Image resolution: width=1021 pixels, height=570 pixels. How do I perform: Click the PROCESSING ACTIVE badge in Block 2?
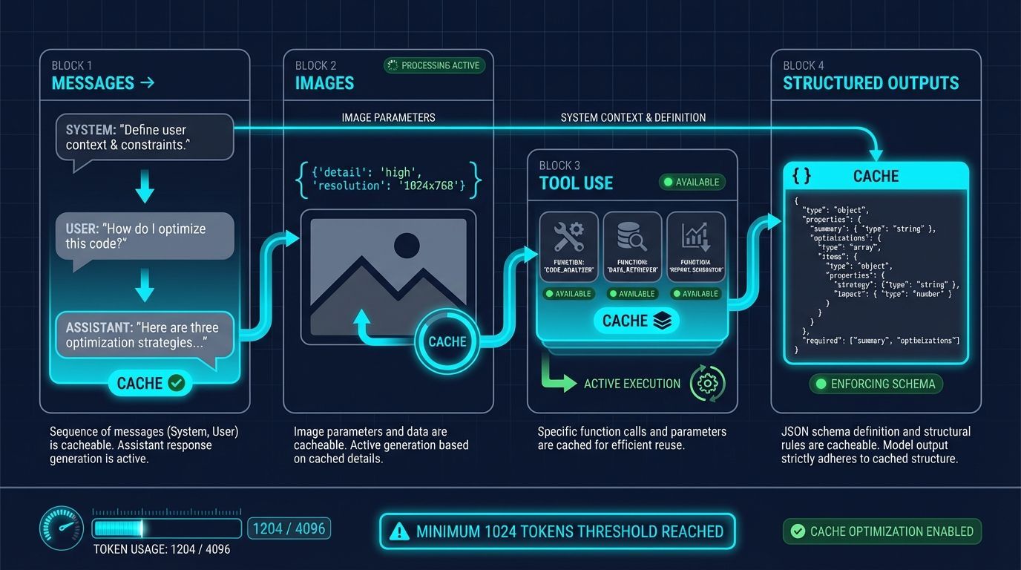[x=434, y=65]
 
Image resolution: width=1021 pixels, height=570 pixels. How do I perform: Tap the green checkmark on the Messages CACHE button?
[x=176, y=383]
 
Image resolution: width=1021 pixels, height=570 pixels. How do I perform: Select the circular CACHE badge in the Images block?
[x=447, y=341]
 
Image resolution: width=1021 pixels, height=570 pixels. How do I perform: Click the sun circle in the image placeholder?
[x=407, y=245]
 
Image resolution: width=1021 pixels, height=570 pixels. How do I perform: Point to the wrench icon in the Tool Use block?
[x=569, y=237]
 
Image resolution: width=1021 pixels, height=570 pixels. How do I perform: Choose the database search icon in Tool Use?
[x=632, y=237]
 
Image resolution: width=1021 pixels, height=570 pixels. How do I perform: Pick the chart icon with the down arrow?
[x=696, y=237]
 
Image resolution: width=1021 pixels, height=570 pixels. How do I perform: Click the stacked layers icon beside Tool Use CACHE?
[x=662, y=321]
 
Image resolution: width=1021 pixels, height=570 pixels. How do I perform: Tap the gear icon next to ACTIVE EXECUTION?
[x=707, y=384]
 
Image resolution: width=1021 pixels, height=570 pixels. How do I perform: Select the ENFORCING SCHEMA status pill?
[x=876, y=384]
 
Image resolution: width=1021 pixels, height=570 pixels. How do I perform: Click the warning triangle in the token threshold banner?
[x=399, y=531]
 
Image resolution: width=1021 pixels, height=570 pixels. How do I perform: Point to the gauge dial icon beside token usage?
[x=60, y=529]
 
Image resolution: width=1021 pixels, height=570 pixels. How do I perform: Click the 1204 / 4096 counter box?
[x=289, y=528]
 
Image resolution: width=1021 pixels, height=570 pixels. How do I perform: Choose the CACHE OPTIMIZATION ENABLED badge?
[x=882, y=531]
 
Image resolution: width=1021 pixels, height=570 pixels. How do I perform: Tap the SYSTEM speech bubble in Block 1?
[x=145, y=137]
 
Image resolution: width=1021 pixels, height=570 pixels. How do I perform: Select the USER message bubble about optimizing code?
[x=145, y=236]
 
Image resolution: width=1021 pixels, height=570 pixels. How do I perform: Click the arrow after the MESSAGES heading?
[x=147, y=82]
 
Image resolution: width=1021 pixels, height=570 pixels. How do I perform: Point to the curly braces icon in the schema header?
[x=801, y=176]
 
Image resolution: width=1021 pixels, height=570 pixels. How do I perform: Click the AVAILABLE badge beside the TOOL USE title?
[x=692, y=182]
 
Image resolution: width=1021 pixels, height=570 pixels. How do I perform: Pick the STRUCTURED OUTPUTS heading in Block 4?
[x=870, y=83]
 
